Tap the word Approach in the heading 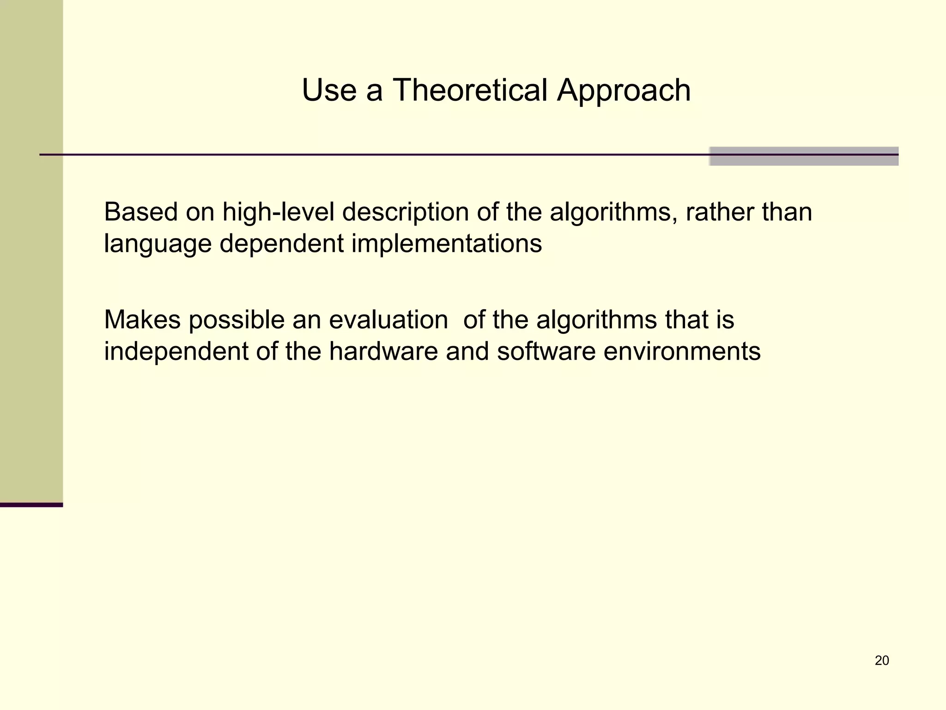pos(624,91)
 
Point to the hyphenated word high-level pos(278,213)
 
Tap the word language pos(158,244)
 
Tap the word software pos(546,351)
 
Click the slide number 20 pos(882,661)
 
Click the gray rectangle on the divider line pos(804,156)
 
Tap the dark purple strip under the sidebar pos(31,505)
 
